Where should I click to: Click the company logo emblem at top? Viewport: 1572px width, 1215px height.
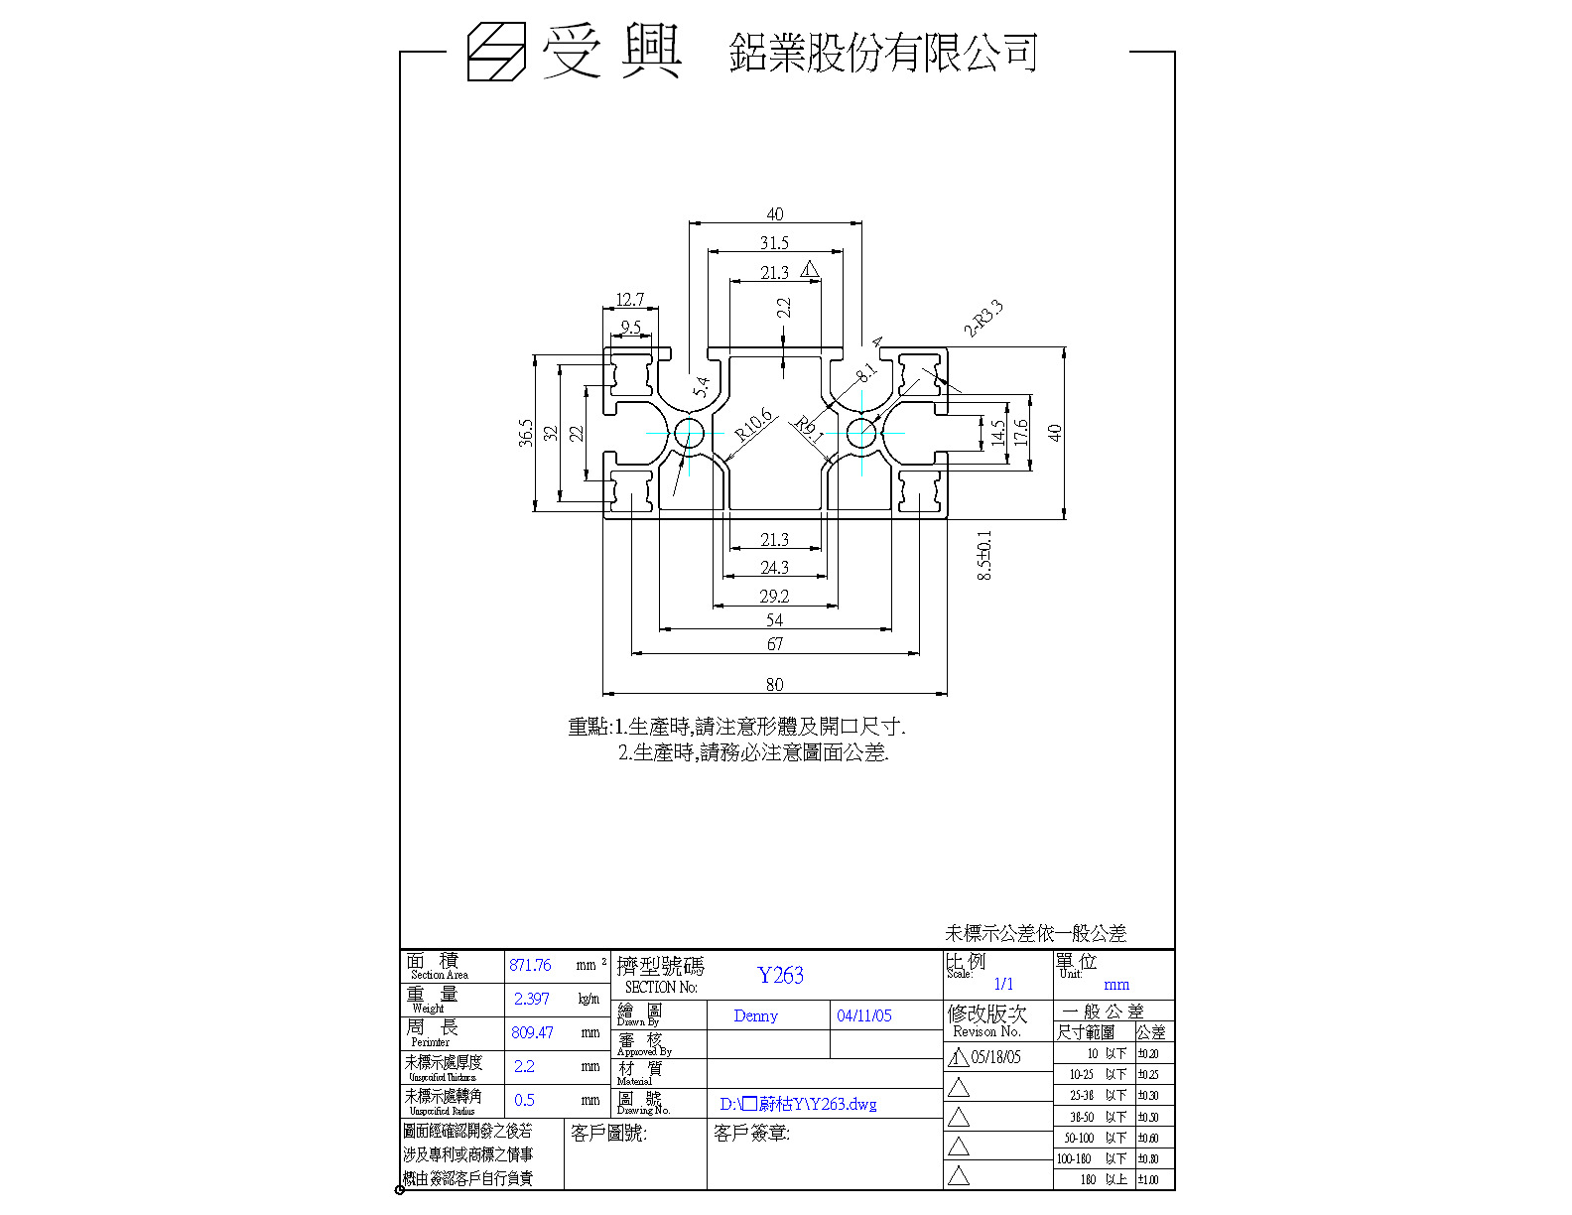pos(496,52)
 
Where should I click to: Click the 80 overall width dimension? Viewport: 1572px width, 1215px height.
pos(774,684)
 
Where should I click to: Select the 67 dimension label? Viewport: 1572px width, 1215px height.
pos(775,644)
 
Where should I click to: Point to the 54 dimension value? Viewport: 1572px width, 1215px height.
pos(775,620)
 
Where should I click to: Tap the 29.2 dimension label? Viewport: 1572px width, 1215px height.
pos(774,597)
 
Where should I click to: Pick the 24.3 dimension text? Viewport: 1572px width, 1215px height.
pos(774,568)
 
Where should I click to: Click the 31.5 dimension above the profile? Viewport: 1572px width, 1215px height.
pos(774,243)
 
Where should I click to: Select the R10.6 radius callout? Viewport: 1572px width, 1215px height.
pos(754,424)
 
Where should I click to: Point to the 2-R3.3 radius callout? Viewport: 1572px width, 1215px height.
pos(983,320)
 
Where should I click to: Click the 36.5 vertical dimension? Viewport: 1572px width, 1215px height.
pos(526,433)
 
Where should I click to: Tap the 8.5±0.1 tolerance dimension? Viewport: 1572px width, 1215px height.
pos(984,555)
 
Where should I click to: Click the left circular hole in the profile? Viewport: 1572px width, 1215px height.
pos(689,433)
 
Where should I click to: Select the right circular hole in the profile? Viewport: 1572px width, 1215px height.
pos(861,433)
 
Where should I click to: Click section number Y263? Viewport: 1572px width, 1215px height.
pos(780,975)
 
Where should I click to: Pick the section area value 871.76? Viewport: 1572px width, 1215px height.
pos(530,965)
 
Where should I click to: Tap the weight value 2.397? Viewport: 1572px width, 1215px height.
pos(531,999)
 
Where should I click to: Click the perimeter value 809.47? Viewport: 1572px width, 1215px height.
pos(532,1032)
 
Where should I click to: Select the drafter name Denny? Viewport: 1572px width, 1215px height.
pos(755,1015)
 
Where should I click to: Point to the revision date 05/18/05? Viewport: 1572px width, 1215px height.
pos(995,1057)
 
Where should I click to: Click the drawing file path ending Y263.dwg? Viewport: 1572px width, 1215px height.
pos(798,1104)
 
